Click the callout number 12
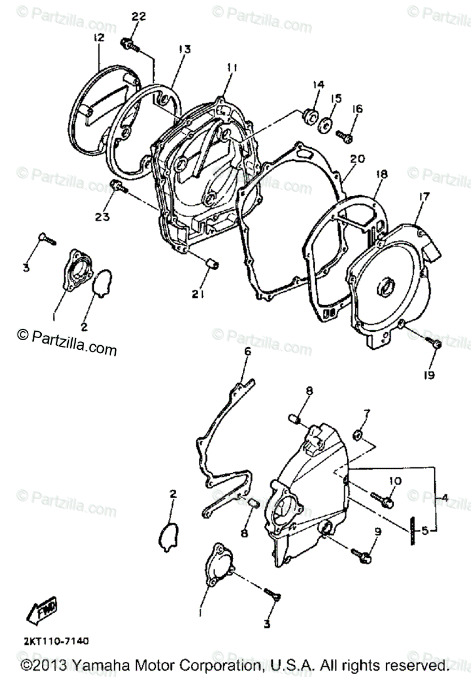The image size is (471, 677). (99, 38)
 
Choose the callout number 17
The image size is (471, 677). (424, 197)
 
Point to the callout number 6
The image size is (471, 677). (247, 352)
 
